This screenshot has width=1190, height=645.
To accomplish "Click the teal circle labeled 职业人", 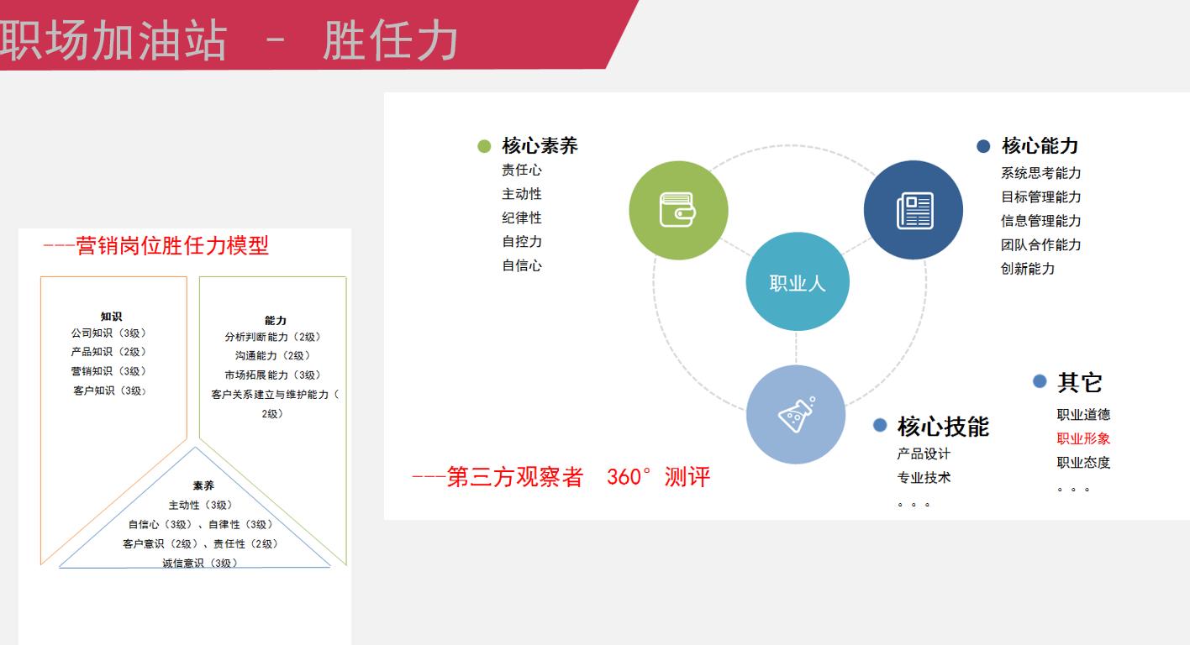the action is click(x=797, y=281).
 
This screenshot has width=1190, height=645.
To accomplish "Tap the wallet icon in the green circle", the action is click(x=677, y=210).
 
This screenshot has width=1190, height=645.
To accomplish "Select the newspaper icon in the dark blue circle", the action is click(x=915, y=211).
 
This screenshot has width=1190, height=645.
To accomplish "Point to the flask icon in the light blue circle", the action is click(x=797, y=415).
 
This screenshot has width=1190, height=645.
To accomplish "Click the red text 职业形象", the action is click(x=1083, y=438).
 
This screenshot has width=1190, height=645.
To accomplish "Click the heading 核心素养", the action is click(x=540, y=145).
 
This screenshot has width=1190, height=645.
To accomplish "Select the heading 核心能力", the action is click(x=1040, y=145).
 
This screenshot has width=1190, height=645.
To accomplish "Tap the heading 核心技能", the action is click(x=943, y=427).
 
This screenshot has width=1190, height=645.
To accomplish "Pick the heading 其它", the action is click(x=1080, y=382).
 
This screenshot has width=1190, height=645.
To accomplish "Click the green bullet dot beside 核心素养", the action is click(x=484, y=146).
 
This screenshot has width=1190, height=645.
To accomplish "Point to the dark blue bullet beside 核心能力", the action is click(x=983, y=146).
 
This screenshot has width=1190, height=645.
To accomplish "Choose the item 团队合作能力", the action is click(x=1040, y=244).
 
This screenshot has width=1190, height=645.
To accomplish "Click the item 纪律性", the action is click(x=522, y=218).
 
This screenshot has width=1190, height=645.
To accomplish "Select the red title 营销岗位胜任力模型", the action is click(x=172, y=245).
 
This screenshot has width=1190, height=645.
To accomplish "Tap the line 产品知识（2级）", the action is click(x=108, y=352).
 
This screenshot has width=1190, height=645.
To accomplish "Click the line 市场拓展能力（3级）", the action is click(x=272, y=375).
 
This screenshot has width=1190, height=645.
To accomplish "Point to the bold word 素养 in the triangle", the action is click(x=203, y=485).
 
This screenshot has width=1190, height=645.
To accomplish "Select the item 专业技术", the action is click(x=924, y=478).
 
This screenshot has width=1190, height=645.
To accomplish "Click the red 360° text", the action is click(x=629, y=477).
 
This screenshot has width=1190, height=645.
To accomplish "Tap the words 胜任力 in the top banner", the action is click(x=391, y=40).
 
